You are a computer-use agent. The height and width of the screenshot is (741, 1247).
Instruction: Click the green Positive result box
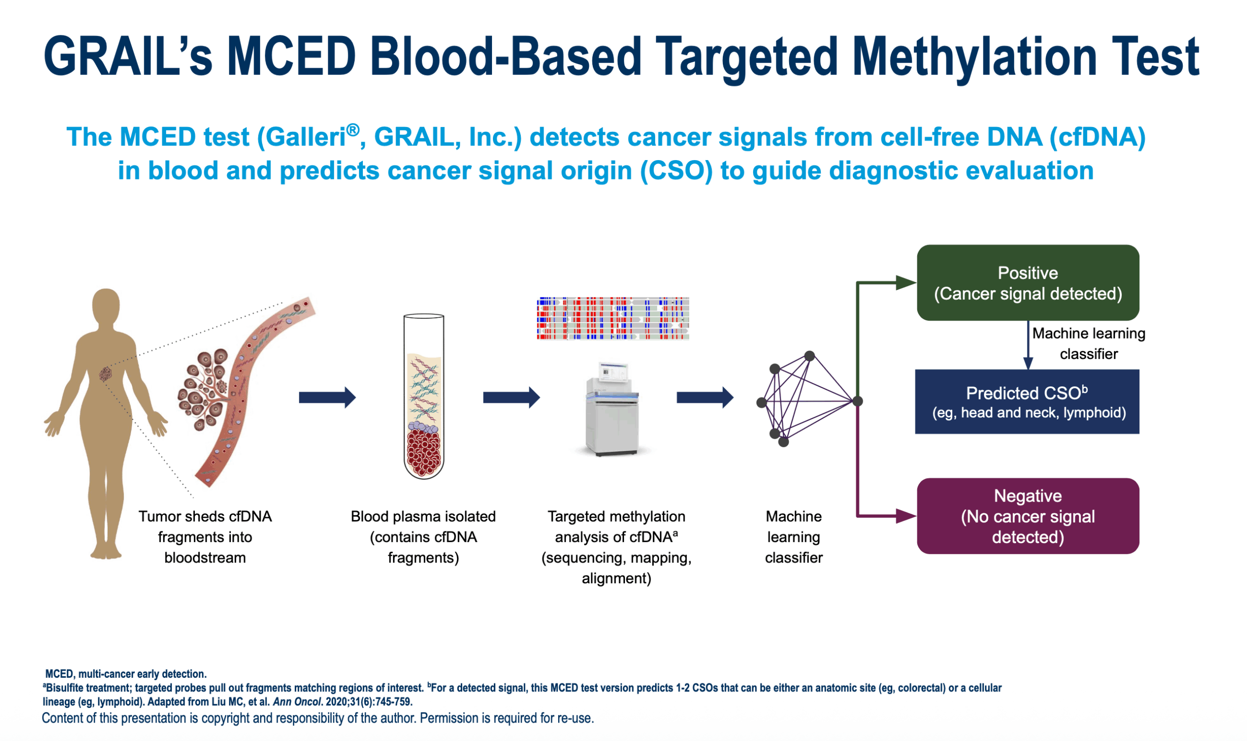coord(1027,283)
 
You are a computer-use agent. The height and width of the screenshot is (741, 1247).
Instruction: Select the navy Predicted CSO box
coord(1027,401)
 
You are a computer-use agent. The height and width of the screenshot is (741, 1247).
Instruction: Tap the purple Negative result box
coord(1027,516)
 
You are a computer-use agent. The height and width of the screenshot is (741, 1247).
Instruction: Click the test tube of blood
coord(423,397)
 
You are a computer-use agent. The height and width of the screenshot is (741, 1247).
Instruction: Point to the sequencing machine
coord(612,410)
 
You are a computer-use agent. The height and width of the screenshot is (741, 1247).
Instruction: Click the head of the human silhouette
coord(106,306)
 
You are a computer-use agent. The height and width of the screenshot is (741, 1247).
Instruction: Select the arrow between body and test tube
coord(327,398)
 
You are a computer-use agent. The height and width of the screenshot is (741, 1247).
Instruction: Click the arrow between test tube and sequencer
coord(511,398)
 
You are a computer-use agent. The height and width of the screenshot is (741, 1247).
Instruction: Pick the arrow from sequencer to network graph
coord(704,398)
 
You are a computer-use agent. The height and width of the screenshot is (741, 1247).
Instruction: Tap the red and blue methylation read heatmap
coord(612,319)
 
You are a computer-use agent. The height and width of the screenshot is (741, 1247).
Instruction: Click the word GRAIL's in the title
coord(128,56)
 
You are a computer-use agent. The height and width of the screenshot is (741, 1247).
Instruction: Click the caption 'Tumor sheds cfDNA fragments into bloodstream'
coord(205,537)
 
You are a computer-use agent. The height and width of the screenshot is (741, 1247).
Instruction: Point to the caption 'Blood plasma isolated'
coord(423,516)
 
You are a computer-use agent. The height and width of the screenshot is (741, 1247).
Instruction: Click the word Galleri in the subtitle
coord(306,137)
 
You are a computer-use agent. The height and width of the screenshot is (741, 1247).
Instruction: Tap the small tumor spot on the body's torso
coord(104,374)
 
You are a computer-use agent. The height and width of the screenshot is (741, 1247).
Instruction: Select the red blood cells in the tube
coord(424,452)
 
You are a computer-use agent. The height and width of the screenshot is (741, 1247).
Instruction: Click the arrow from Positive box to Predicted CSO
coord(1028,345)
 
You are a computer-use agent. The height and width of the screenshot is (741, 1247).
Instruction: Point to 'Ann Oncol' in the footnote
coord(296,702)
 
